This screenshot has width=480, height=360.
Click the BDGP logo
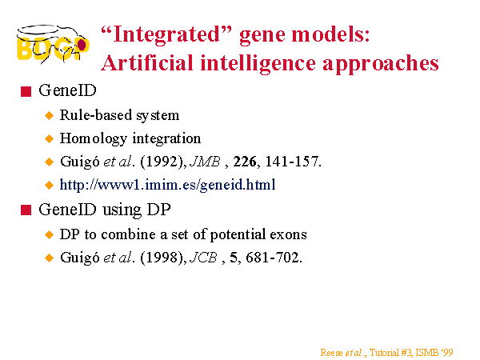pos(53,44)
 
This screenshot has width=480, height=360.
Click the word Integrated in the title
pos(166,35)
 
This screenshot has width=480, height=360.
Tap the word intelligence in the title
pos(258,64)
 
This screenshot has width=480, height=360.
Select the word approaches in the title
pos(381,65)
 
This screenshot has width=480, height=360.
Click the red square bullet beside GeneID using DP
pos(26,210)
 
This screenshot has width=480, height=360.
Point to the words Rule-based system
pos(119,116)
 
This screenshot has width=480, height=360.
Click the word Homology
pos(94,138)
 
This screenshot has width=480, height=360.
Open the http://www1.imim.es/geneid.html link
pos(167,185)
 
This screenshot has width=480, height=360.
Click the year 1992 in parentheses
pos(162,162)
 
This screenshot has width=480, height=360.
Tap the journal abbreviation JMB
pos(205,162)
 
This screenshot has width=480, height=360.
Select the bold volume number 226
pos(245,162)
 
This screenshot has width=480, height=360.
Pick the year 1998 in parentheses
pos(162,258)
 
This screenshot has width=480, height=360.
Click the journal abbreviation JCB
pos(203,258)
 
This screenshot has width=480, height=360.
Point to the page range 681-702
pos(272,258)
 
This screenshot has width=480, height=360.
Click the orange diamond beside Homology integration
pos(49,138)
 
